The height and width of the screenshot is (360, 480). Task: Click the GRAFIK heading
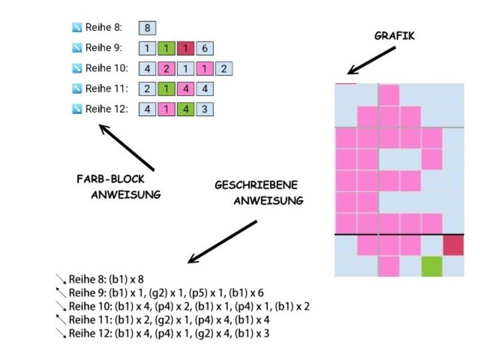[394, 36]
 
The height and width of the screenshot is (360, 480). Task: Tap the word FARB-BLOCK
[111, 180]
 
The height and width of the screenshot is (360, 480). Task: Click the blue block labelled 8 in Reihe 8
[147, 27]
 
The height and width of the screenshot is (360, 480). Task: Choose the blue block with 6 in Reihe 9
[205, 48]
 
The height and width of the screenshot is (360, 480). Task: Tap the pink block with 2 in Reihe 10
[167, 68]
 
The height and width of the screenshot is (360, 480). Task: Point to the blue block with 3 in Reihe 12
[205, 109]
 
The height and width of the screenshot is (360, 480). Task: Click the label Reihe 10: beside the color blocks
[105, 68]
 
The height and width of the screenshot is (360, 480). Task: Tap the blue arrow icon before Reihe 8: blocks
[77, 28]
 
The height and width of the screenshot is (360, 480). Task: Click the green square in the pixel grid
[432, 266]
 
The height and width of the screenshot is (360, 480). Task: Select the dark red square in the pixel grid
[453, 245]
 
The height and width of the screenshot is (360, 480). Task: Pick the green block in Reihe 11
[167, 88]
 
